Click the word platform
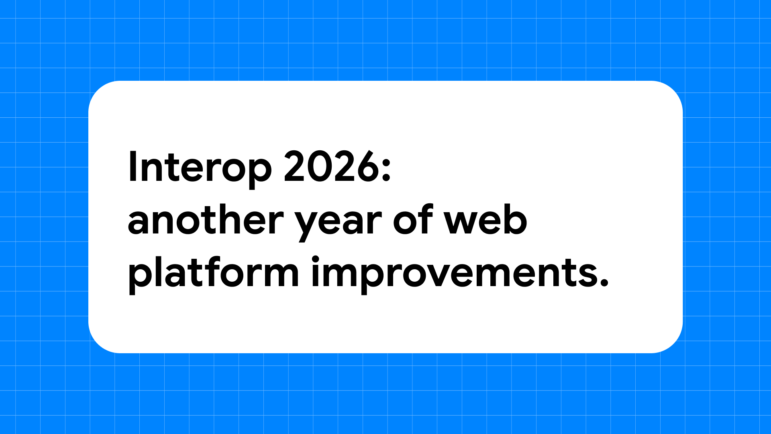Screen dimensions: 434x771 click(213, 273)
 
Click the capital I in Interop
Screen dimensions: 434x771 click(131, 167)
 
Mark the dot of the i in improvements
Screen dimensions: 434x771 click(315, 259)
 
